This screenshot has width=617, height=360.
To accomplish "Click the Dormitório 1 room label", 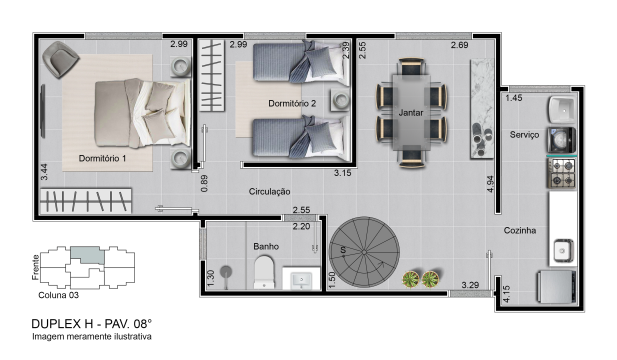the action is (x=102, y=158).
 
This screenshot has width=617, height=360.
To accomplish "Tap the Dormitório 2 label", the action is (x=292, y=103).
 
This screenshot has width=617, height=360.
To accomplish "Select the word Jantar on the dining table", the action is (x=410, y=112).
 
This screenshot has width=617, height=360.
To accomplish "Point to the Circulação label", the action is (x=269, y=191).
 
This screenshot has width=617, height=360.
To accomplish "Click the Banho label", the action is (x=266, y=246).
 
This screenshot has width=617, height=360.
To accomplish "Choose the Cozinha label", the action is (x=520, y=230).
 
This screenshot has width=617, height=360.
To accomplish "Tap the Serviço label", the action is (x=524, y=134).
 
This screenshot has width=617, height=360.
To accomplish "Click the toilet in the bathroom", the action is (x=264, y=272).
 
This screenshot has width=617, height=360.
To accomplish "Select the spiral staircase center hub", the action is (x=364, y=252).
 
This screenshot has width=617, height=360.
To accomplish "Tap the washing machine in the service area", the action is (x=561, y=140).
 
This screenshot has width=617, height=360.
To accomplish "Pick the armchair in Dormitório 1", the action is (x=60, y=59).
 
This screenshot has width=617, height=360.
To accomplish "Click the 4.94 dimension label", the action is (x=490, y=184).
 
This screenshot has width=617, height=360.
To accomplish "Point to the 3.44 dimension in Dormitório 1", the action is (x=44, y=172).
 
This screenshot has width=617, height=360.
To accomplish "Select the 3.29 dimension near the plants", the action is (x=470, y=285).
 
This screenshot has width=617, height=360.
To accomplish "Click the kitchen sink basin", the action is (x=563, y=251).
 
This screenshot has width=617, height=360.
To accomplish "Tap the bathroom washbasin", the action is (x=301, y=280).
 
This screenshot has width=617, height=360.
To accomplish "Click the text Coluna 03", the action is (x=58, y=295).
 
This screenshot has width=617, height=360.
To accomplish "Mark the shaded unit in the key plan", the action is (x=87, y=255).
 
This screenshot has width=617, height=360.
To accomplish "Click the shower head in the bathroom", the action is (x=226, y=272).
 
